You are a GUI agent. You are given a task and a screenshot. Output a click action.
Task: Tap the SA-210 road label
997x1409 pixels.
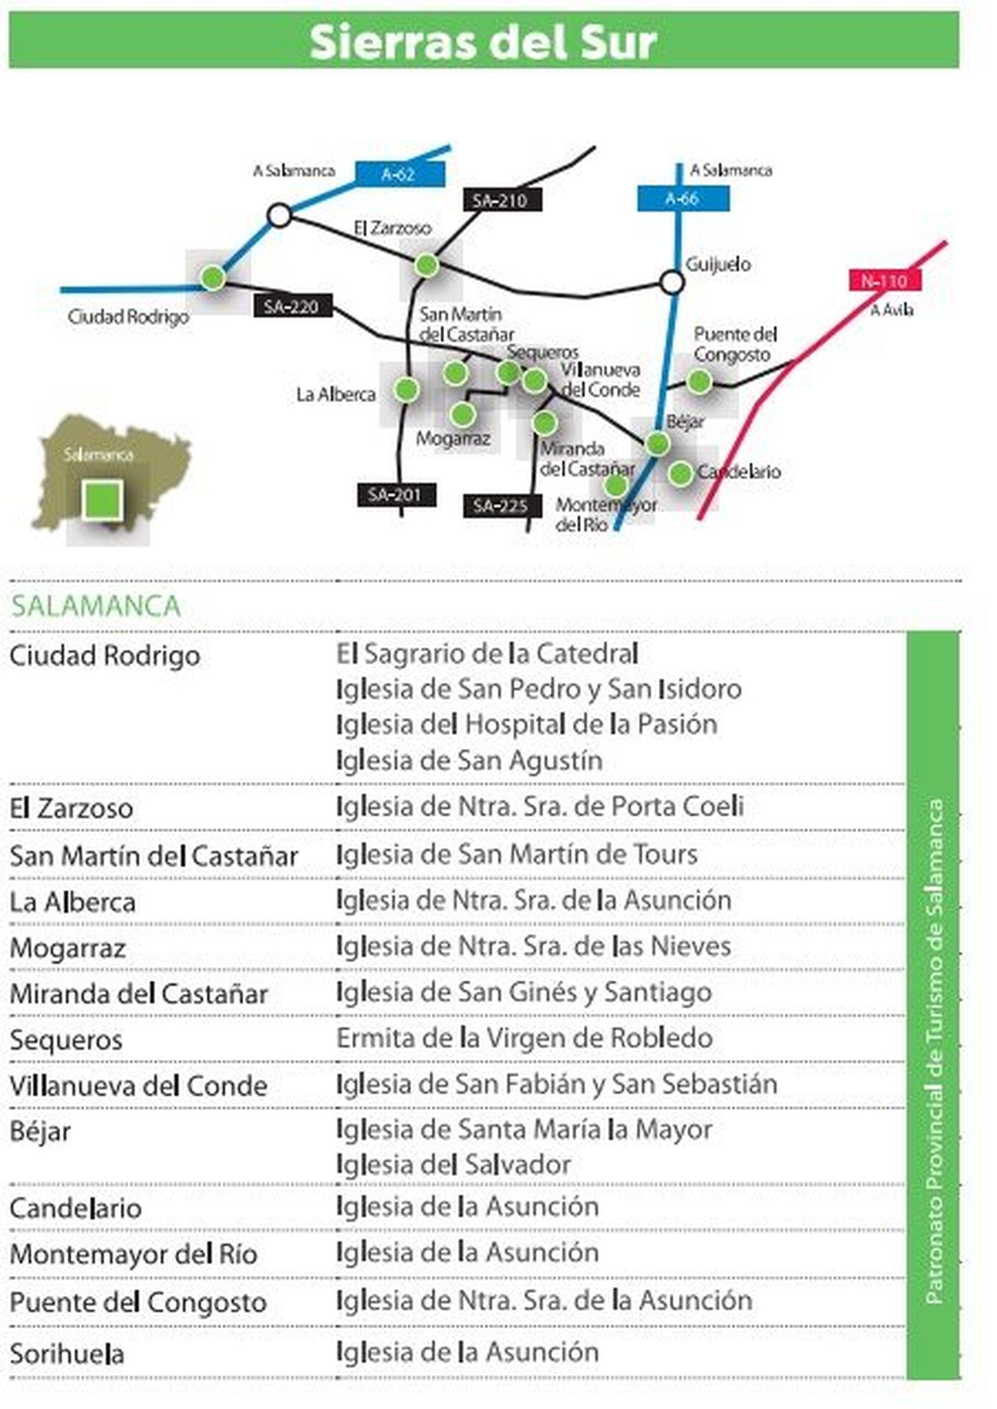click(x=502, y=201)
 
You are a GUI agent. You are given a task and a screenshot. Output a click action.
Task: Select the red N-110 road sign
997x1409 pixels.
click(x=884, y=281)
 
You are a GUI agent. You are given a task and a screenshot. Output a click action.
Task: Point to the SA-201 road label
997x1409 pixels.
click(x=396, y=495)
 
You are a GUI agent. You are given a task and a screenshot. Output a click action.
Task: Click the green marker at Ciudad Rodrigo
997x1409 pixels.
click(x=212, y=278)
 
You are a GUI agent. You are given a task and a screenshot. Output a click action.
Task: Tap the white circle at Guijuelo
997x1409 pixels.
click(x=672, y=282)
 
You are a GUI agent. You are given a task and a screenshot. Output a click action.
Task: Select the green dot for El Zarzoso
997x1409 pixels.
click(x=427, y=265)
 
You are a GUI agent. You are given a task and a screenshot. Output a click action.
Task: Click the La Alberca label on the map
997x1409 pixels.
click(x=336, y=395)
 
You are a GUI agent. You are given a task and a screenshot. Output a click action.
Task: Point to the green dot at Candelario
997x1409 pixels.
click(x=680, y=473)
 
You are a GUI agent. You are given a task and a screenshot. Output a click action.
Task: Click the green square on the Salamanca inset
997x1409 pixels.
click(x=101, y=499)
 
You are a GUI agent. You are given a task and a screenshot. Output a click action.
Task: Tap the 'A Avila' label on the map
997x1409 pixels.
click(x=892, y=310)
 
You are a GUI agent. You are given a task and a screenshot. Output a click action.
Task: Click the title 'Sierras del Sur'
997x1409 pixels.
click(x=484, y=42)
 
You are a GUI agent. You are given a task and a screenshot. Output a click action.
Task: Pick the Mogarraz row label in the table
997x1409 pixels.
click(x=68, y=949)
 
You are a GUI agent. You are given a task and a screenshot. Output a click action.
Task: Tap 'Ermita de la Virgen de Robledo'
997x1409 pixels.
click(x=525, y=1038)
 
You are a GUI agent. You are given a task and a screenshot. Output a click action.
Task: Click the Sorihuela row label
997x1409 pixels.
click(x=67, y=1354)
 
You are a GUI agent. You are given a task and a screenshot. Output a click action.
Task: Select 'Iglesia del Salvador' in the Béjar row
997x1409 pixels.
click(x=454, y=1165)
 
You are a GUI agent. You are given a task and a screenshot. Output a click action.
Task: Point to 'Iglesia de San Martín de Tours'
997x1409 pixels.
click(x=517, y=855)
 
